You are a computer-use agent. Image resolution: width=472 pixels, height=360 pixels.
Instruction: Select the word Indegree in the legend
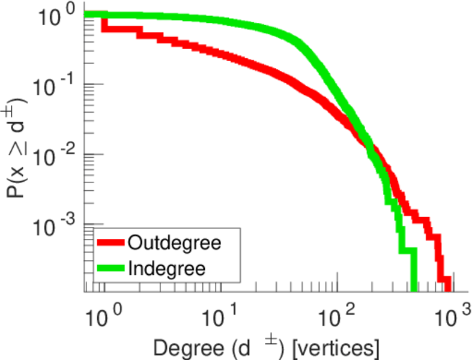[x=166, y=268]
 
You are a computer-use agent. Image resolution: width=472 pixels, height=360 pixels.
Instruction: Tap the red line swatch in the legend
[x=110, y=243]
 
